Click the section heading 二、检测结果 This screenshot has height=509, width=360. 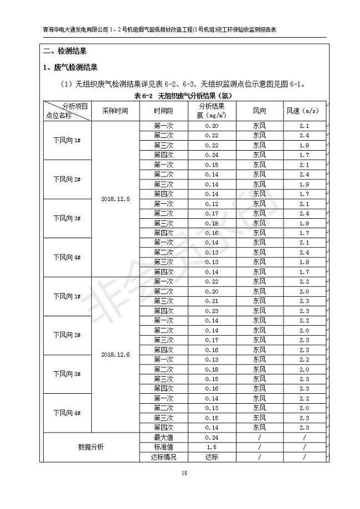(x=64, y=52)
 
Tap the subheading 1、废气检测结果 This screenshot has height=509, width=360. (x=70, y=68)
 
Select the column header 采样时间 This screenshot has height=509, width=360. (x=115, y=111)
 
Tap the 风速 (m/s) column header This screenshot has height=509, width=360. (x=304, y=111)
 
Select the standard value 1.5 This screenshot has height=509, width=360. (x=211, y=447)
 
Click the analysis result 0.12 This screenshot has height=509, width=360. (x=211, y=204)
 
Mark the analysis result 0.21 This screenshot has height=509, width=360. (x=211, y=301)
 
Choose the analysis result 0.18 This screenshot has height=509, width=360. (x=211, y=369)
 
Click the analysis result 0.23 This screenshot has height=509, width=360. (x=211, y=311)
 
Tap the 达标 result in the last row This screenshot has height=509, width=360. (x=211, y=457)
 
